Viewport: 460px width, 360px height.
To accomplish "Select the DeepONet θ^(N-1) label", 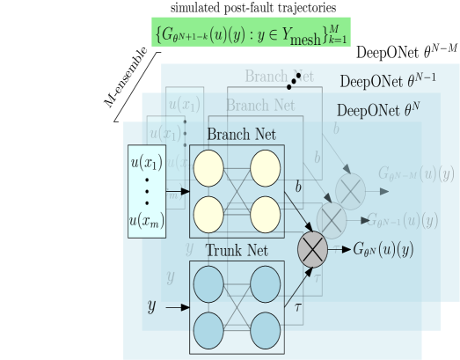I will pos(387,82).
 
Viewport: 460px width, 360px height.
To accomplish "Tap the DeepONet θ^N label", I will pos(378,111).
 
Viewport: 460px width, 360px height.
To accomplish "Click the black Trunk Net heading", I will pos(237,251).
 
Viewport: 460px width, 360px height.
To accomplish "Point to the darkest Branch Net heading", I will pos(241,135).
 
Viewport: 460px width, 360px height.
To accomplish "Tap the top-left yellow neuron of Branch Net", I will pos(208,168).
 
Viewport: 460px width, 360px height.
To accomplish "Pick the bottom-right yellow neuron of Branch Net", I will pos(265,213).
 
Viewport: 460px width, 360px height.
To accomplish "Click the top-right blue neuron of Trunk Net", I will pos(265,284).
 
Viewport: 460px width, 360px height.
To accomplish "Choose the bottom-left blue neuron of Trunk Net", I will pos(208,329).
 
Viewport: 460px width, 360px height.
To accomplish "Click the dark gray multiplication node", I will pos(313,249).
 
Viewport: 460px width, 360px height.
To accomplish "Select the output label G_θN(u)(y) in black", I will pos(383,250).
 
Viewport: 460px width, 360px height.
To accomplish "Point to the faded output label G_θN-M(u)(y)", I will pos(416,173).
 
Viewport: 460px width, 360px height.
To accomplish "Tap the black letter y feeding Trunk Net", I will pos(150,306).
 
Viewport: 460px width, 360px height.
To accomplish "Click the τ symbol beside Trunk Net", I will pos(297,307).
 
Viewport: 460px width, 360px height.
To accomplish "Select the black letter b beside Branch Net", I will pos(298,187).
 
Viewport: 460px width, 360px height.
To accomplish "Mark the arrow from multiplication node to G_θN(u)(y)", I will pos(340,250).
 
